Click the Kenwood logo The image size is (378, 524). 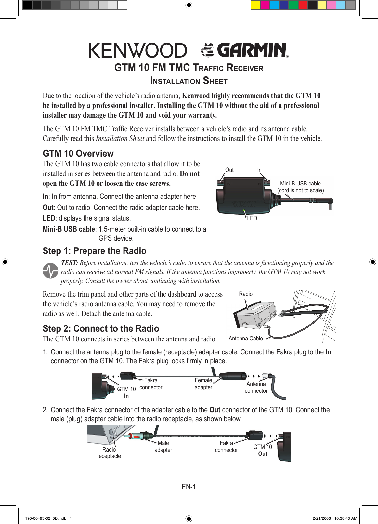point(138,50)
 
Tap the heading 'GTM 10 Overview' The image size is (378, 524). point(78,153)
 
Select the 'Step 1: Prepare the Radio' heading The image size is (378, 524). point(94,251)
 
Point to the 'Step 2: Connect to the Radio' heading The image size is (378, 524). point(101,328)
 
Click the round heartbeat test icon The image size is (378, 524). point(50,271)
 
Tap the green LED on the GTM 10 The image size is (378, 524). point(244,211)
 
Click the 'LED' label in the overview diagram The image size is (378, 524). point(252,218)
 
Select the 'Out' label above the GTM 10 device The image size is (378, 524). point(229,170)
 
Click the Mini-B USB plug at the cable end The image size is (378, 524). point(330,204)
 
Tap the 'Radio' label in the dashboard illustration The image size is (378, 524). point(245,294)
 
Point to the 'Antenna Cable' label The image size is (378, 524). point(246,339)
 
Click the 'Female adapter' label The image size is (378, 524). point(203,384)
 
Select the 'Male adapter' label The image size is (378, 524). point(163,446)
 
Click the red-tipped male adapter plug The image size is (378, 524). point(137,436)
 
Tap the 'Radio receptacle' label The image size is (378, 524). point(109,453)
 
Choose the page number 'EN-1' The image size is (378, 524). point(189,487)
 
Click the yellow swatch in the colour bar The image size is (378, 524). point(255,5)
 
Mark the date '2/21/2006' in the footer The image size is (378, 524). point(321,518)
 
